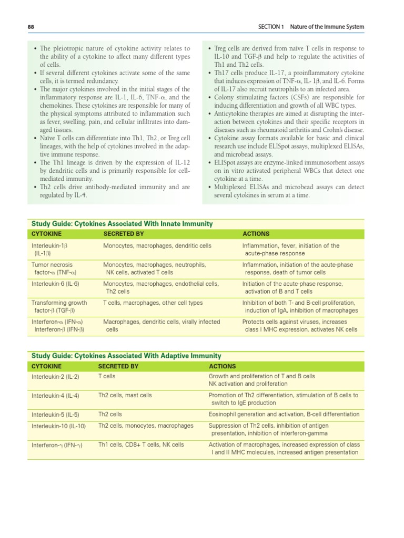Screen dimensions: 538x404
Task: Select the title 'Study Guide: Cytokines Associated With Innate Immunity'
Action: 122,224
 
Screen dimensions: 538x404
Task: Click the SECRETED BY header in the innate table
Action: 124,234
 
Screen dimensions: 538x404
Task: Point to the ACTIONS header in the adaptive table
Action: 223,366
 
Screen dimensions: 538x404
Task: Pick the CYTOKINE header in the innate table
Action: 46,234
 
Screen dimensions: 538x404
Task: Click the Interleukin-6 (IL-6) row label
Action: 55,284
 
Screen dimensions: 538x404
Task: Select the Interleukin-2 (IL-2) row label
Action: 55,377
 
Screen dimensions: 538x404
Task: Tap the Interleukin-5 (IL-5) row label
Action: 55,415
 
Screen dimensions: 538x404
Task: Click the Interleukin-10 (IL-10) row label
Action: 58,426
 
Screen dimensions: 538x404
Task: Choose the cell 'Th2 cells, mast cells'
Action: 125,395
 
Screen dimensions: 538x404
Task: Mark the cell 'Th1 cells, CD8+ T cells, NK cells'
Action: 141,444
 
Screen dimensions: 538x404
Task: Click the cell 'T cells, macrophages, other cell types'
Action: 153,303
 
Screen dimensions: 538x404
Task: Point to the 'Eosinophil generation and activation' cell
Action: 256,415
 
